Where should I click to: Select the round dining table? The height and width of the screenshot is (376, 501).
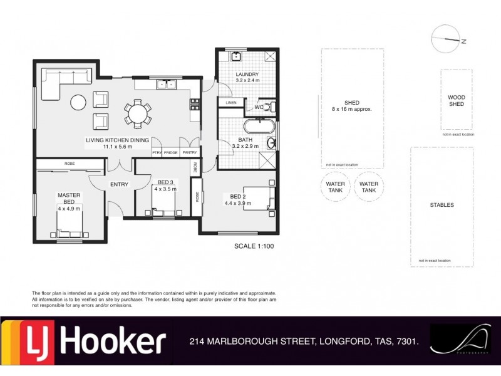coord(137,113)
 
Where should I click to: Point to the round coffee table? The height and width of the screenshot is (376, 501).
coord(78,102)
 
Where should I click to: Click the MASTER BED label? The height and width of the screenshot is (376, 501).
coord(70,198)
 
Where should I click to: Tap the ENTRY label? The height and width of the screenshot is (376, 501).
coord(119,184)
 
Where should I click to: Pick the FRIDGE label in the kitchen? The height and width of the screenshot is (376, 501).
coord(170,152)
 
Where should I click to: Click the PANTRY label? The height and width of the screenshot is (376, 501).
coord(190,152)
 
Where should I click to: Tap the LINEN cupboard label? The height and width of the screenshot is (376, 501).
coord(231,102)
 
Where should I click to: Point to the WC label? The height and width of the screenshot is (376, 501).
coord(258,107)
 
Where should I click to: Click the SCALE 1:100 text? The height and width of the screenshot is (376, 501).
coord(254,246)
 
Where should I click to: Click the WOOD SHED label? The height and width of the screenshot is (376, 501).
coord(457,100)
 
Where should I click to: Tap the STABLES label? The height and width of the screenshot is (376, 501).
coord(442,205)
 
